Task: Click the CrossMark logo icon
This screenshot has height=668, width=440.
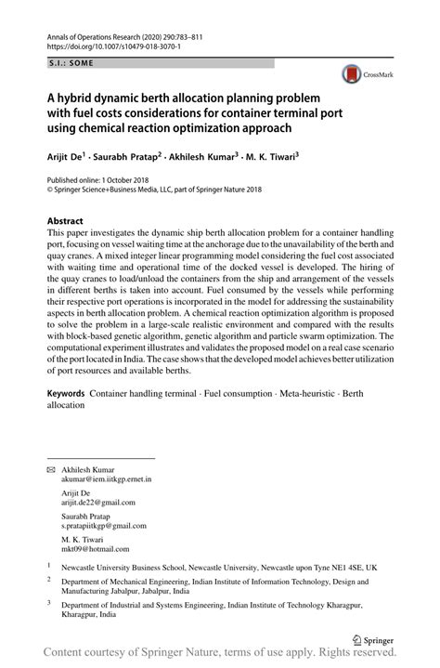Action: (x=353, y=72)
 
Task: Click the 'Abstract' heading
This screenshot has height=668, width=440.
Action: (x=65, y=221)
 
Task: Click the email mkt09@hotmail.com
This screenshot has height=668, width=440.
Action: (x=93, y=548)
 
